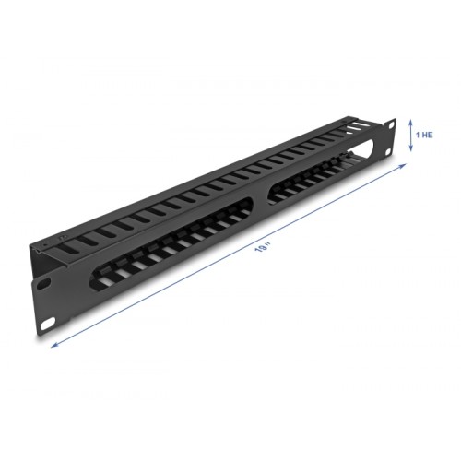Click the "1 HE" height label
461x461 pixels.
425,135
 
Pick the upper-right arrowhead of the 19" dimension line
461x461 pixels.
407,164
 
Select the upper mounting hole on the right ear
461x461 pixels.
391,123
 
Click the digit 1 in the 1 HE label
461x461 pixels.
419,135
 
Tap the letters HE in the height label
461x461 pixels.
429,135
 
